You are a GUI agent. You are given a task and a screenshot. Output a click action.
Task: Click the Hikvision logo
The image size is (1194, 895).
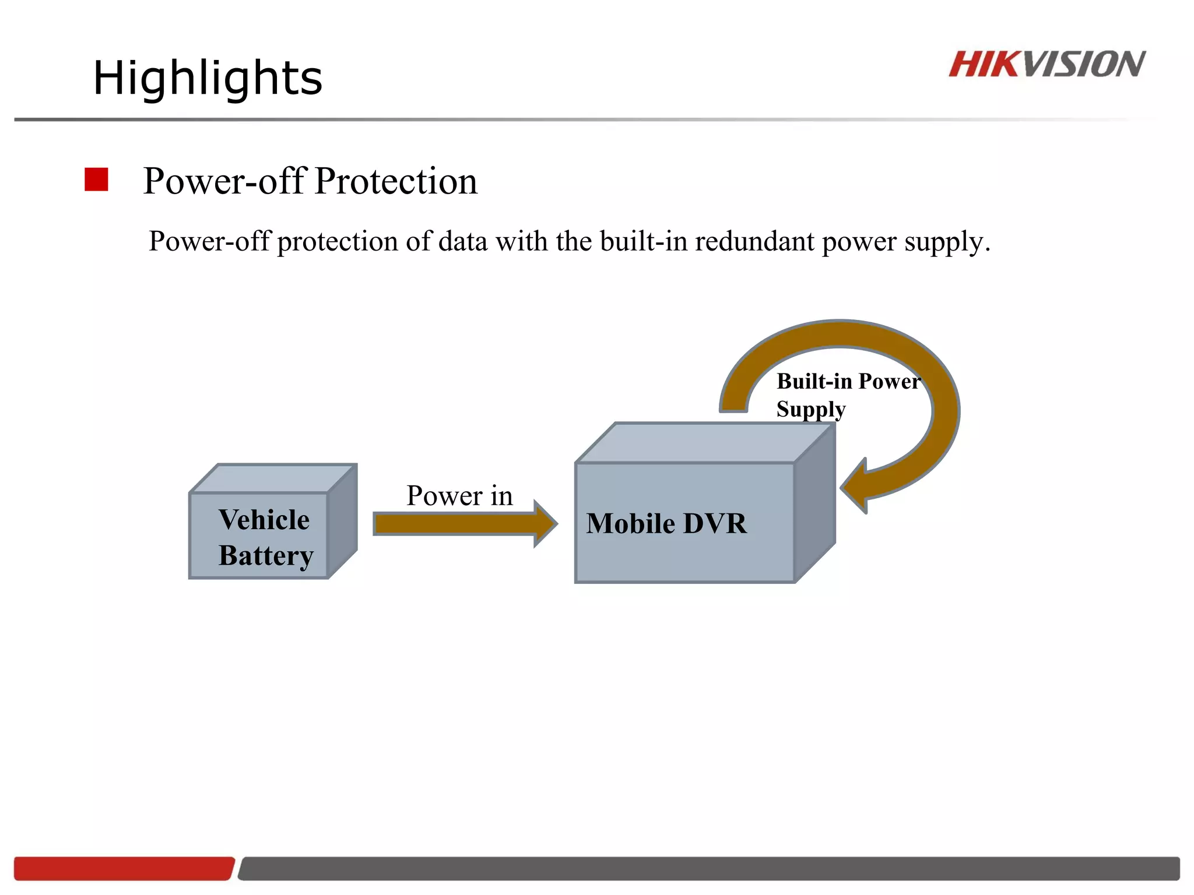click(1046, 64)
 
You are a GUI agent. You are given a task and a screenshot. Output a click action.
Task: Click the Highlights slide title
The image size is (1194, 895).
click(208, 78)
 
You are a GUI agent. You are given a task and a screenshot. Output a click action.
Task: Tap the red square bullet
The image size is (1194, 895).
click(96, 179)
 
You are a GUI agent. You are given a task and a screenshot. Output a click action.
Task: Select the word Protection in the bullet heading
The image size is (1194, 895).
click(396, 181)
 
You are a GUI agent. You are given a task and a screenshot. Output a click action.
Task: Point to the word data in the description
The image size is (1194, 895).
click(463, 241)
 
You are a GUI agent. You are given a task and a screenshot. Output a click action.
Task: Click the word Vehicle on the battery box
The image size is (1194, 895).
click(264, 520)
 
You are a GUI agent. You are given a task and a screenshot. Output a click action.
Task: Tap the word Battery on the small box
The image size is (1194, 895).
click(266, 555)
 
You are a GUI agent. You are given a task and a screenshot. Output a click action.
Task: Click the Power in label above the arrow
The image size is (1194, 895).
click(459, 496)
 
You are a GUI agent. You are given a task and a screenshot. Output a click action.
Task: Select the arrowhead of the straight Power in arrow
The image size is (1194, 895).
click(546, 523)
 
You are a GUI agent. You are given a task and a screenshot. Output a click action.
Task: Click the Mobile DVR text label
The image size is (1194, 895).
click(666, 523)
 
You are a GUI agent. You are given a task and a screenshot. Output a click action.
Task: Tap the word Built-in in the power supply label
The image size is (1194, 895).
click(814, 382)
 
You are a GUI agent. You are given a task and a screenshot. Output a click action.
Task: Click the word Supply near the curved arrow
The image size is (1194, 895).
click(810, 410)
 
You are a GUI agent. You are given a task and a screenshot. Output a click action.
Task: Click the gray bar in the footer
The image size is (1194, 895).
click(708, 868)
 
